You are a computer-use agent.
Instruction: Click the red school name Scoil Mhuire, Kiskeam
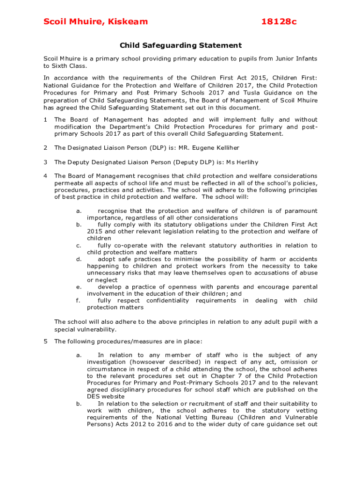[95, 22]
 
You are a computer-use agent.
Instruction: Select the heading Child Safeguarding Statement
[180, 45]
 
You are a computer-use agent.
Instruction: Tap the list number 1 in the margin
[45, 120]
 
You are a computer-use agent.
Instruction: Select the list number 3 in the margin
[45, 162]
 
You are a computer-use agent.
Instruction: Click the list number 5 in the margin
[45, 341]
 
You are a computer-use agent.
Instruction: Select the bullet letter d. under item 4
[79, 259]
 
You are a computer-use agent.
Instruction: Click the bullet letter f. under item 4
[78, 300]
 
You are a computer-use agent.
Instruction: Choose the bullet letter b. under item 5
[79, 404]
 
